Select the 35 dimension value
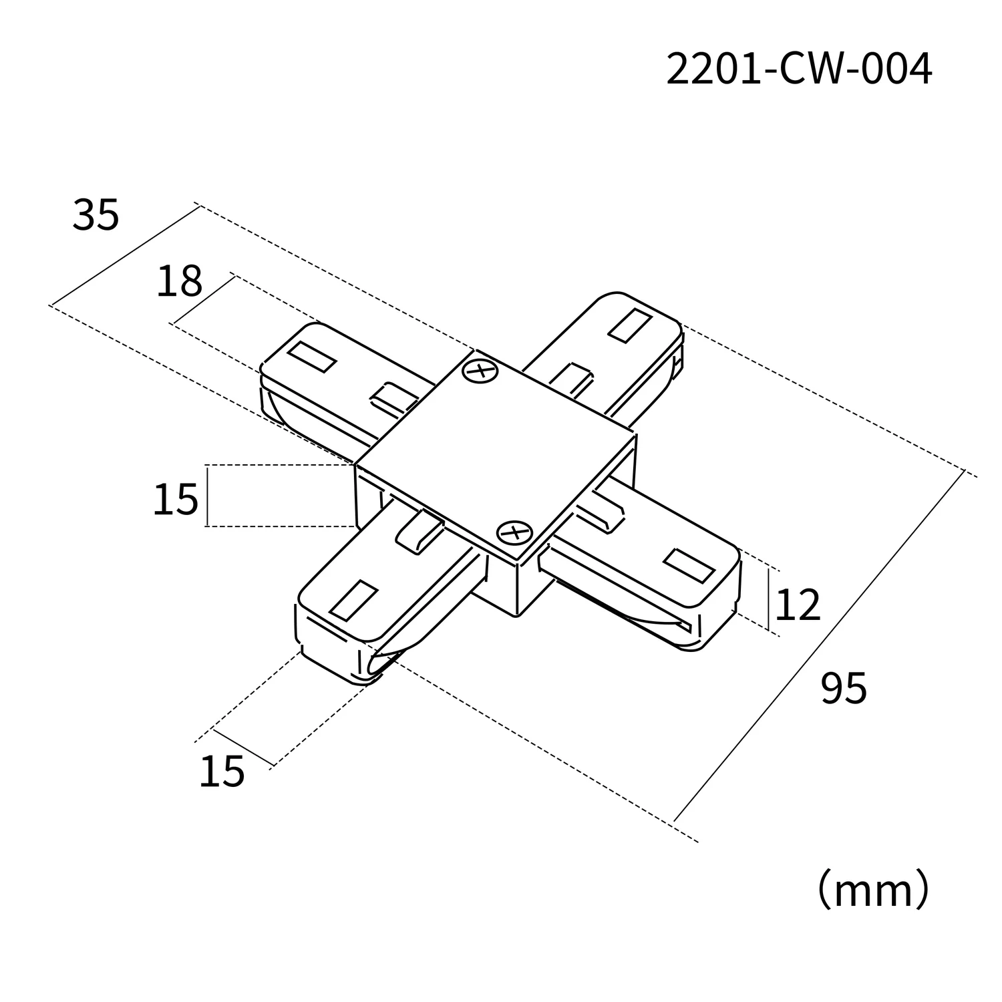tap(96, 215)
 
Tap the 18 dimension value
tap(179, 281)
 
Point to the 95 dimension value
tap(844, 689)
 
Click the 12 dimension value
tap(797, 605)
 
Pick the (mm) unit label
tap(873, 889)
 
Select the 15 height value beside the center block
tap(176, 499)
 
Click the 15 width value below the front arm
tap(222, 772)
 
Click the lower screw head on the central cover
tap(514, 532)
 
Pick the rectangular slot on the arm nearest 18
tap(311, 357)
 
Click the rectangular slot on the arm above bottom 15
tap(354, 599)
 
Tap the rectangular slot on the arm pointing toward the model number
tap(630, 325)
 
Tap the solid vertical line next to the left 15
tap(207, 496)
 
